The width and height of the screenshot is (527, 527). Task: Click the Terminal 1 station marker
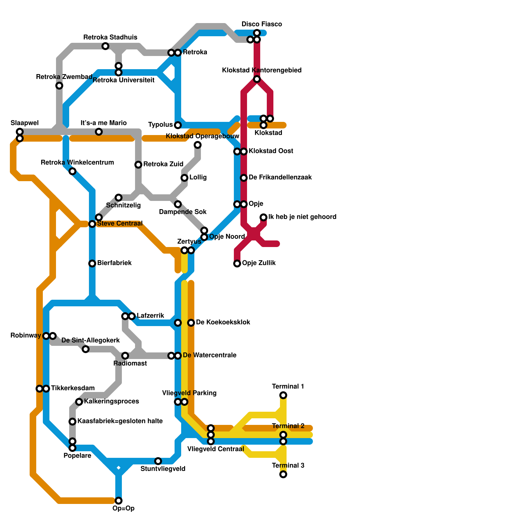(283, 395)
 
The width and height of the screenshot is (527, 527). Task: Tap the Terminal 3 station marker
(283, 474)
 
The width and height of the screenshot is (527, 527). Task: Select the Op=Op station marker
(119, 501)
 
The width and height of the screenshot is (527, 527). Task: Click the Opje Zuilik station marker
(237, 263)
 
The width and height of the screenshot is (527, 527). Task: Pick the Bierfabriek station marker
(92, 263)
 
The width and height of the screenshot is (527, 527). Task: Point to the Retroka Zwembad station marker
(59, 86)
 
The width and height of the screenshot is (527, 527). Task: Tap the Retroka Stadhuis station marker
(105, 46)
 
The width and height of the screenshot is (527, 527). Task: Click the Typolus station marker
(178, 125)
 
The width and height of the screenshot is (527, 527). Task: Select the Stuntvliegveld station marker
(158, 461)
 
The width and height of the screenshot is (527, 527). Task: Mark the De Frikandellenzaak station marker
(244, 178)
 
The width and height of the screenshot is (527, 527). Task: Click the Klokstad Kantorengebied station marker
(257, 79)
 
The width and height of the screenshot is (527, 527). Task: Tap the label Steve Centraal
(120, 224)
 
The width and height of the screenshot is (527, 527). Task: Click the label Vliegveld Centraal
(215, 449)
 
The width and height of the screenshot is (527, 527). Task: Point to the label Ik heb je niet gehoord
(302, 217)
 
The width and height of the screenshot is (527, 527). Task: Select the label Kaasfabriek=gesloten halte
(120, 421)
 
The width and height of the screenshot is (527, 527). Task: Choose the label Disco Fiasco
(262, 24)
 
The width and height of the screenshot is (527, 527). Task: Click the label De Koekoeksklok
(223, 322)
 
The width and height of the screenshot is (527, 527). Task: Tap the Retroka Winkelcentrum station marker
(72, 171)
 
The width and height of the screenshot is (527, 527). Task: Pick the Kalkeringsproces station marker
(79, 402)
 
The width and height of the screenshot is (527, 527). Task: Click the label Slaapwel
(25, 123)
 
